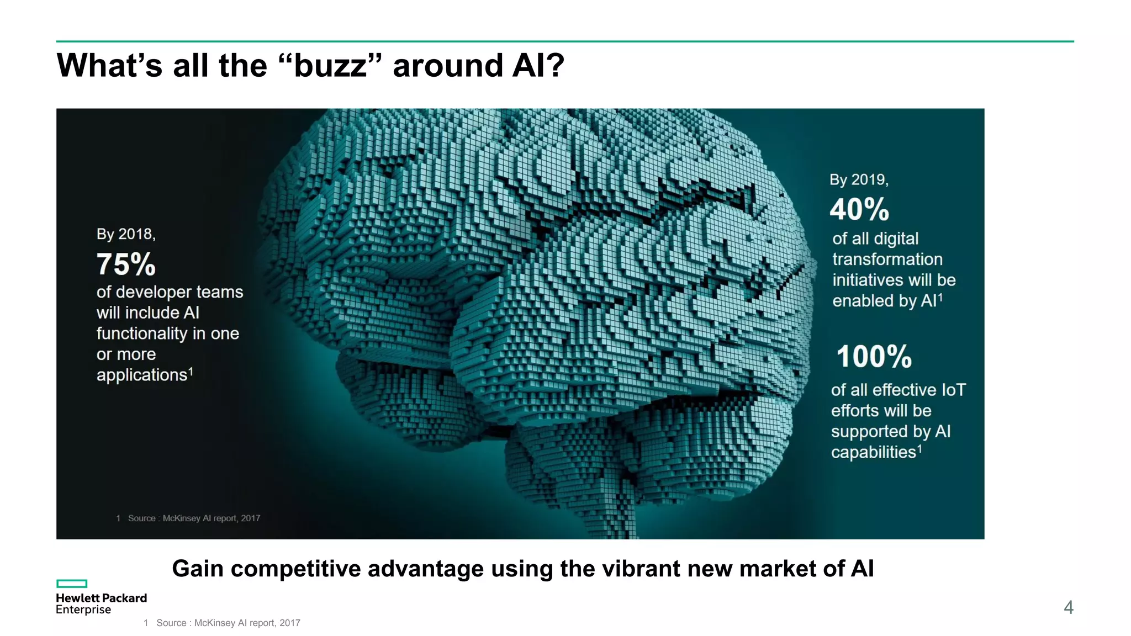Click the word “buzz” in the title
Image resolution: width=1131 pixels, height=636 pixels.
[x=330, y=66]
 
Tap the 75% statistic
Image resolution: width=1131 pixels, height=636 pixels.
[x=126, y=264]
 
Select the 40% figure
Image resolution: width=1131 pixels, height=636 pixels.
[x=859, y=210]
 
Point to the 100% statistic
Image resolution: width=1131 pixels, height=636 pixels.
[x=874, y=357]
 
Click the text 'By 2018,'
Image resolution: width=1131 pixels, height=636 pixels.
[x=126, y=234]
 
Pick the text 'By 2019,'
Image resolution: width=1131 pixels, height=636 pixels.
[x=859, y=179]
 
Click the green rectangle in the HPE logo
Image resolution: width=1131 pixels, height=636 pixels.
[x=72, y=584]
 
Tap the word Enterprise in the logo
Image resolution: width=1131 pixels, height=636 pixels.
[x=83, y=609]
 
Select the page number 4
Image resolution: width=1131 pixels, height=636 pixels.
[x=1068, y=607]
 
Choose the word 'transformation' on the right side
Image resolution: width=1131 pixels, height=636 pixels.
[x=887, y=259]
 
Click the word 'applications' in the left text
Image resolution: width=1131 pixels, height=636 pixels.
[x=142, y=375]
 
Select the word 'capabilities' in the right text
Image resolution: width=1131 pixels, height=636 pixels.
[x=874, y=453]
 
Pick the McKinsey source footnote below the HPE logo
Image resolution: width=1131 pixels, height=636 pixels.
[x=228, y=623]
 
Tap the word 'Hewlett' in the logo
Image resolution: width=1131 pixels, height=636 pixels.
[x=77, y=598]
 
